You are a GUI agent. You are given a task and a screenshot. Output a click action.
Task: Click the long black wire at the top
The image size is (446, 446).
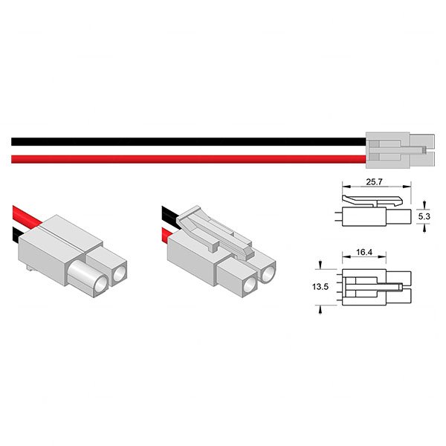(x=186, y=141)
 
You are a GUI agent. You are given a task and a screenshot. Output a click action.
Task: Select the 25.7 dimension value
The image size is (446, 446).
(x=375, y=181)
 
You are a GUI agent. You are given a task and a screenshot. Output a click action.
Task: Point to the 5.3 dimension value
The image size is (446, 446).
(x=424, y=216)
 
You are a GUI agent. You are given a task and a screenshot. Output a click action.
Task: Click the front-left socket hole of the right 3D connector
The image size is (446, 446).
(x=245, y=282)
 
